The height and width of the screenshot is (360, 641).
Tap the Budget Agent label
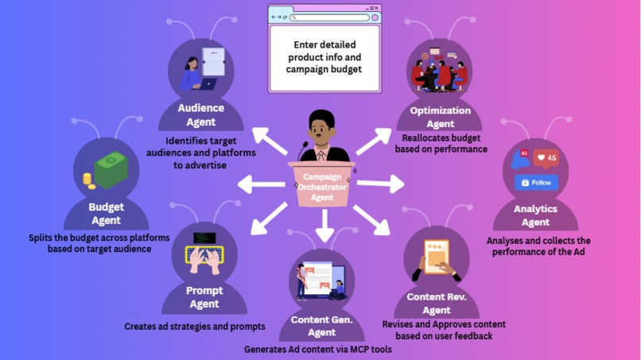[106, 214]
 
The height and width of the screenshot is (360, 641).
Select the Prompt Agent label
[204, 296]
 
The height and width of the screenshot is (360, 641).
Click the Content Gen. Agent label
[321, 326]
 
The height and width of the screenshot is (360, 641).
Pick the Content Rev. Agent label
[437, 304]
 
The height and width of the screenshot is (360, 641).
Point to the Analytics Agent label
[535, 215]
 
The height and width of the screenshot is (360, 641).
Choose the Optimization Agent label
[440, 117]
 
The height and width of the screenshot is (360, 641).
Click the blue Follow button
[537, 182]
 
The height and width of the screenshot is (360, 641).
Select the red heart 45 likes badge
[546, 157]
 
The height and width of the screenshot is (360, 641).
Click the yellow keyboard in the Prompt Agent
[204, 254]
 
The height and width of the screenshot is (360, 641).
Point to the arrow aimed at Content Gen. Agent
[322, 230]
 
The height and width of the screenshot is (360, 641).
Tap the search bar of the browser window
[330, 17]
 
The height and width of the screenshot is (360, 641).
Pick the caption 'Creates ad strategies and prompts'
[195, 327]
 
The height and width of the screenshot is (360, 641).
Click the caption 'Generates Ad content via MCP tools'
[318, 349]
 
